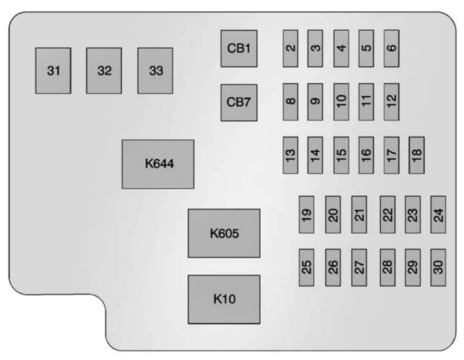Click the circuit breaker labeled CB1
(239, 49)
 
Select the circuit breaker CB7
(239, 103)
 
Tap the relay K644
(158, 164)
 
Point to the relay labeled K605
(224, 233)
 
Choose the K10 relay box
(224, 299)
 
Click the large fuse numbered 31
(53, 71)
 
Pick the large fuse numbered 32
(104, 71)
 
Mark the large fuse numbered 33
(155, 71)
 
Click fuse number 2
(290, 48)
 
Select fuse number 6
(391, 48)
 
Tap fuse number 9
(315, 102)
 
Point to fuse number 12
(391, 102)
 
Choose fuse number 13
(290, 155)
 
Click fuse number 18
(417, 155)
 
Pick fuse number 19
(307, 215)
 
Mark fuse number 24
(439, 215)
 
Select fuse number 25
(307, 267)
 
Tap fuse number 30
(439, 267)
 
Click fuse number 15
(341, 155)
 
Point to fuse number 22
(388, 215)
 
